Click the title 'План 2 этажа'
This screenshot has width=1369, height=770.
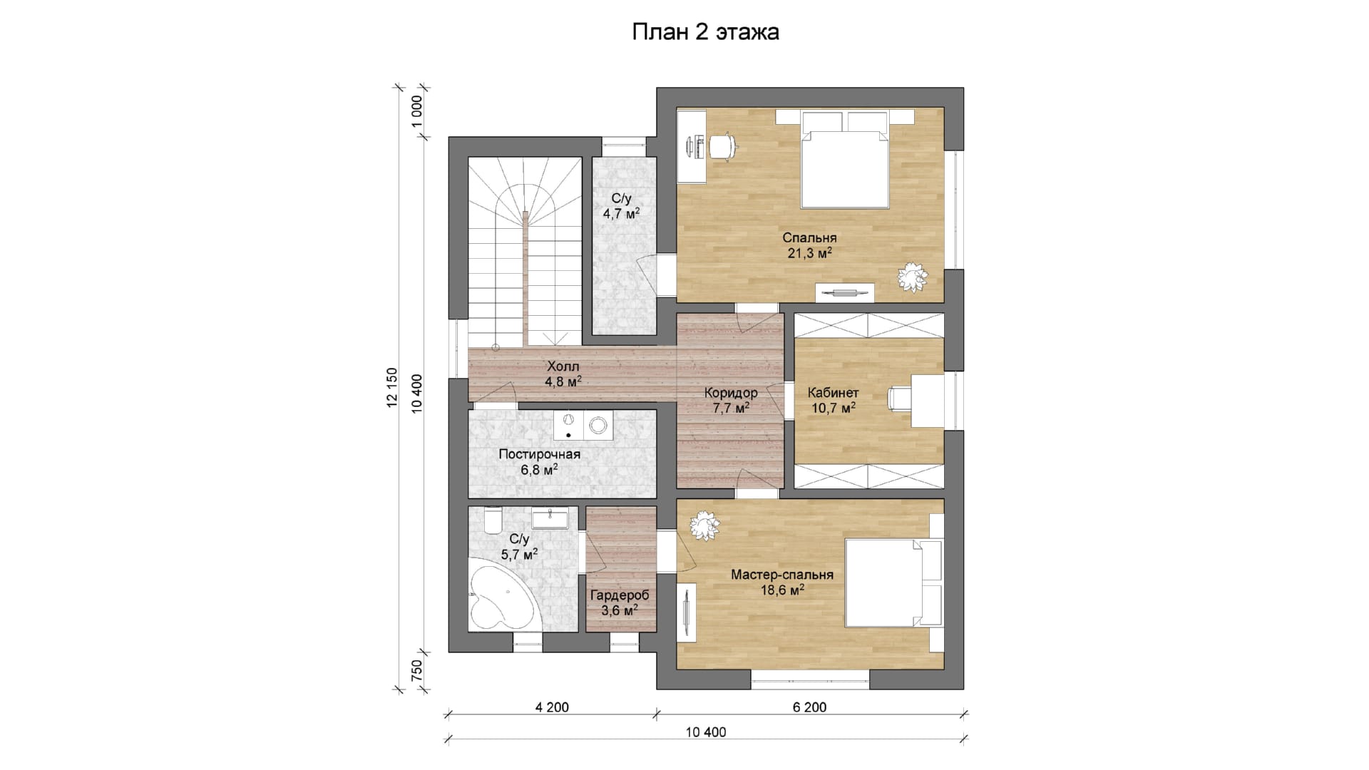point(705,33)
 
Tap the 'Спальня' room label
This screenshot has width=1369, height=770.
point(809,238)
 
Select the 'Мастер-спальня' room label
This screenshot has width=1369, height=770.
point(782,575)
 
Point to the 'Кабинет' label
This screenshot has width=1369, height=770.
point(833,393)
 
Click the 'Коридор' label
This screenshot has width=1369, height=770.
point(731,393)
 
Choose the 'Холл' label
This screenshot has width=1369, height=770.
point(563,366)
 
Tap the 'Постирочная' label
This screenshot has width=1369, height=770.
point(540,454)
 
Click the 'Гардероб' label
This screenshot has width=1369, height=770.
point(620,595)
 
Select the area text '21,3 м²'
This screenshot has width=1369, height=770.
point(810,254)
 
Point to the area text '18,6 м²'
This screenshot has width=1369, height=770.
point(782,590)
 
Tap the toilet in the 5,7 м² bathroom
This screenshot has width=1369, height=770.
point(493,520)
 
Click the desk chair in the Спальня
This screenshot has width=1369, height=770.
point(722,145)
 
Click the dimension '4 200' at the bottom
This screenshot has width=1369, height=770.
point(552,707)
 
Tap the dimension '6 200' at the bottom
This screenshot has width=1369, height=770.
point(810,707)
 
